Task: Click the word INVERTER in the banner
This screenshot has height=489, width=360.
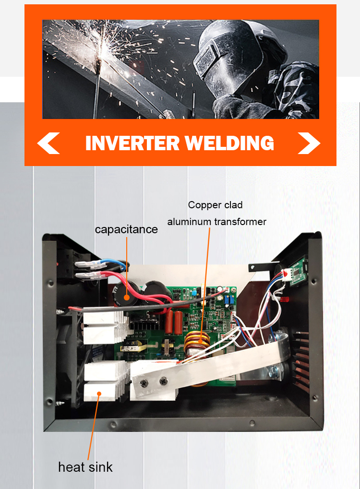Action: [132, 143]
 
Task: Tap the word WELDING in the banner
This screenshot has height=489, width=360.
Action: [229, 143]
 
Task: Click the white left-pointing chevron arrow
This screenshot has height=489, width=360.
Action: [48, 143]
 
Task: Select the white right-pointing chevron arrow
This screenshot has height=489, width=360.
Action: [309, 143]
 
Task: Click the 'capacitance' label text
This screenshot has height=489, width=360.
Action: [126, 229]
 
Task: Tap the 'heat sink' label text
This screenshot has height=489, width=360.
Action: [85, 467]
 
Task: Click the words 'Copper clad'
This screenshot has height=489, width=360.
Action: [215, 205]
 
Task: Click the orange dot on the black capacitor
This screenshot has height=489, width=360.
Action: [127, 297]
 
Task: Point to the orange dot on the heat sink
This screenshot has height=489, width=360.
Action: [99, 394]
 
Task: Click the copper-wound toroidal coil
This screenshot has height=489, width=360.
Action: [196, 343]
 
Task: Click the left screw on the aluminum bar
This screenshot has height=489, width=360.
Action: [144, 383]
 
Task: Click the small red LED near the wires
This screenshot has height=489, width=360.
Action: [284, 300]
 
